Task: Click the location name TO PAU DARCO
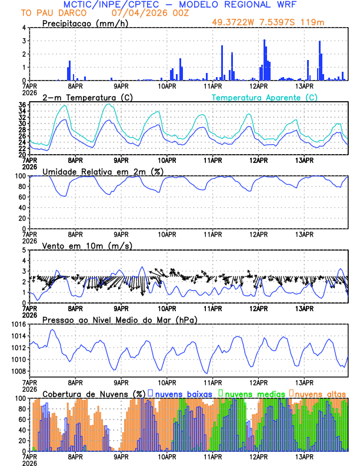[x=46, y=13]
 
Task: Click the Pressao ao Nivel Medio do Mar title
[x=119, y=319]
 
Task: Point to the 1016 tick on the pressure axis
[x=18, y=324]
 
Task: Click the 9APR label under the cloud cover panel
[x=121, y=457]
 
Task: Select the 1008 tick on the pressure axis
[x=18, y=371]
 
